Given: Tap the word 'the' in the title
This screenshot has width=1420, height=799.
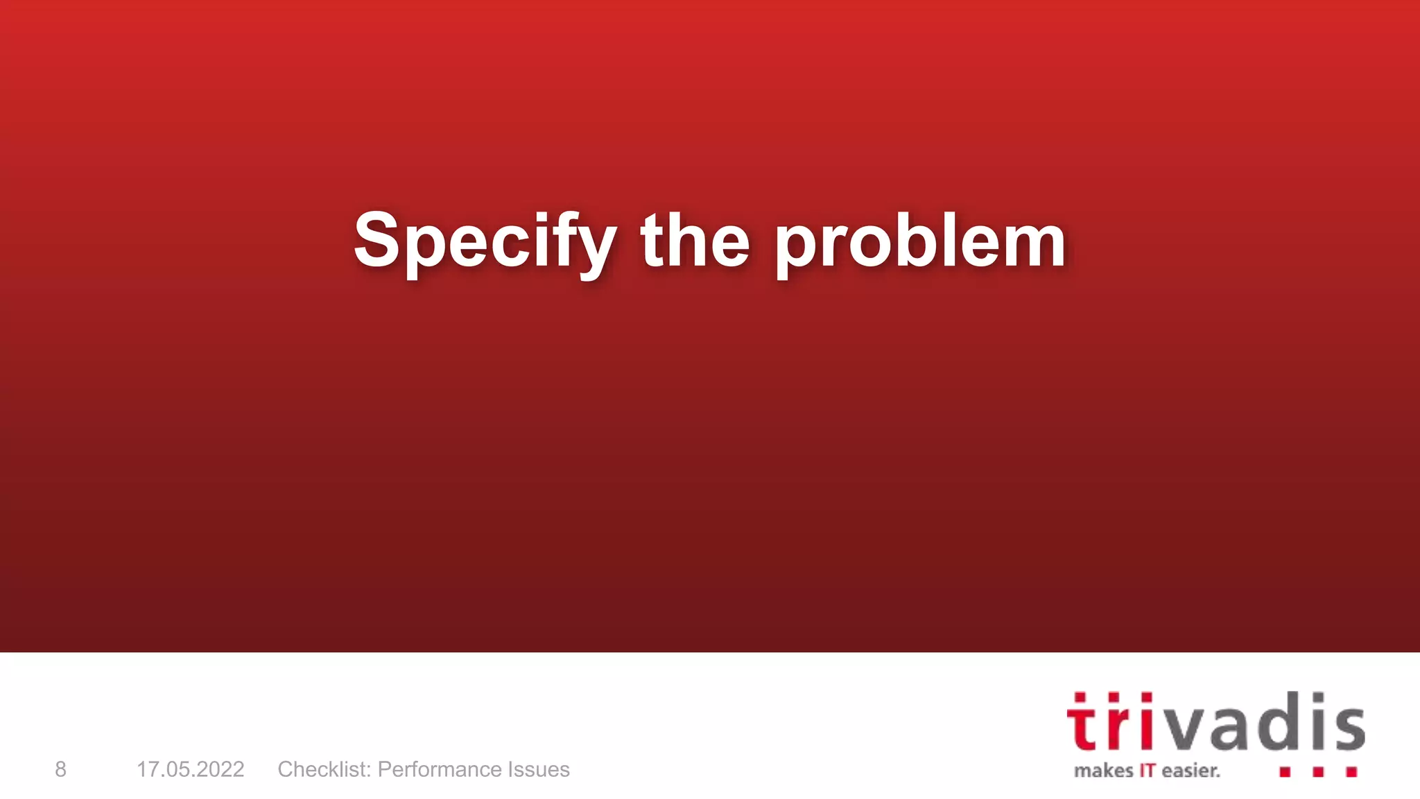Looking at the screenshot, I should (695, 241).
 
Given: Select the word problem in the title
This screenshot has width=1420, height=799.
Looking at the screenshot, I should (919, 243).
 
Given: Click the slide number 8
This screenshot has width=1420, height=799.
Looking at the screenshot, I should (61, 769).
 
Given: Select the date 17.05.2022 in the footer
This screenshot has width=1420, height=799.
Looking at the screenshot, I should (190, 769).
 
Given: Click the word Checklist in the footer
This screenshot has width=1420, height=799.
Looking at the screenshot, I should (324, 769).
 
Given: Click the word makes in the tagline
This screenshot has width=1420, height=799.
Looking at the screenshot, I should (1103, 771).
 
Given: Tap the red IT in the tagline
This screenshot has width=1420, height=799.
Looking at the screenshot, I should (1148, 771).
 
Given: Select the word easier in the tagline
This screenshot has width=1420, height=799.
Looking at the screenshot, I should (1190, 771).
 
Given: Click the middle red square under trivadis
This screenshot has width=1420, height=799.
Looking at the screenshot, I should (1318, 772).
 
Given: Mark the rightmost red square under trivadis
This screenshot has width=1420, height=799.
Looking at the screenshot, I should (1351, 772).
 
